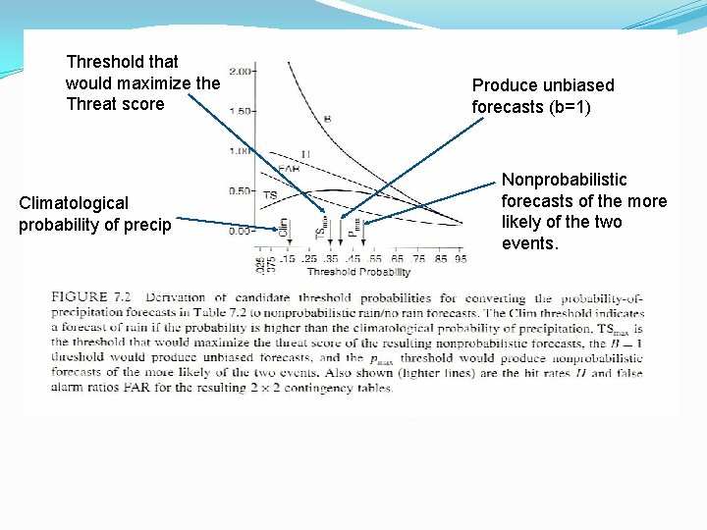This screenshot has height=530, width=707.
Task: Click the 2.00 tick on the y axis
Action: click(243, 71)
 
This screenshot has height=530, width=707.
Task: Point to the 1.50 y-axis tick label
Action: click(243, 111)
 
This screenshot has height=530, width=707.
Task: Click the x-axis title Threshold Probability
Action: click(357, 271)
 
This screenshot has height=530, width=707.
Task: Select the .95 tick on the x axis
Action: click(461, 259)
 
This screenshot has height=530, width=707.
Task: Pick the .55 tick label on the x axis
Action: click(374, 259)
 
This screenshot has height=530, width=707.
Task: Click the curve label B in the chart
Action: click(327, 119)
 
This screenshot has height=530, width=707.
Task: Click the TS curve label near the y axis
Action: click(270, 196)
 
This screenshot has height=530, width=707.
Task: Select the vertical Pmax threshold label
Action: click(355, 228)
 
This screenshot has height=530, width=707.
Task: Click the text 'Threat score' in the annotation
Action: click(115, 104)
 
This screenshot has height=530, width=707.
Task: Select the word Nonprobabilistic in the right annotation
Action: click(564, 180)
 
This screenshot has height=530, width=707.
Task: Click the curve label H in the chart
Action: click(306, 154)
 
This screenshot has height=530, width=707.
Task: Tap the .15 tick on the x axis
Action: click(288, 259)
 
